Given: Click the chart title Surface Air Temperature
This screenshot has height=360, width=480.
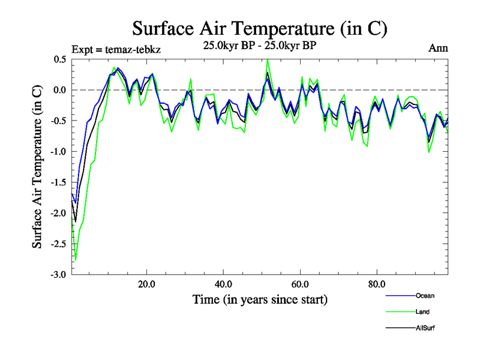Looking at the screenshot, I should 259,28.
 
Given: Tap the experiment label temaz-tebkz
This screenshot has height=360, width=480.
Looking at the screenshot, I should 115,49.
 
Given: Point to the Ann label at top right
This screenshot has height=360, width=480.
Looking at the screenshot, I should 438,47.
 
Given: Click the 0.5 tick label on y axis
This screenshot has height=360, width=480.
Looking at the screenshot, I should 60,59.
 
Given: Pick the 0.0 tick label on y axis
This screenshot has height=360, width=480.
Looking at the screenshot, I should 60,90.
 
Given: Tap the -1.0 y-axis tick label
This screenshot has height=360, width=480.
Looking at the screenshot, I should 58,152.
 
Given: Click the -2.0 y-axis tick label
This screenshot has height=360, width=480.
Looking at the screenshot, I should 58,213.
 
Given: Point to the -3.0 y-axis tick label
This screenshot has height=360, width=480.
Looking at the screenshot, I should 58,275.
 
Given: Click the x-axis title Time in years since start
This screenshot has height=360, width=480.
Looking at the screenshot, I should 259,299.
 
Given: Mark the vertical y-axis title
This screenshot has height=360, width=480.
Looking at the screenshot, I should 37,167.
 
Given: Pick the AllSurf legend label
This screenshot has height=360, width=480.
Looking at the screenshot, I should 424,328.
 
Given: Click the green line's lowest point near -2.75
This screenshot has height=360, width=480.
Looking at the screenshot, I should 76,260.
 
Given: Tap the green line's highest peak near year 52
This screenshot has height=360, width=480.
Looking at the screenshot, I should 268,59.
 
